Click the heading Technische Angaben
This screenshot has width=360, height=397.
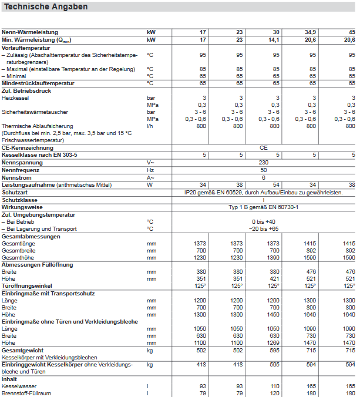pos(46,7)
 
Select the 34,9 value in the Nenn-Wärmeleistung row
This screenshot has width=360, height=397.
pos(309,32)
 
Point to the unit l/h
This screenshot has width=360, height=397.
pos(150,126)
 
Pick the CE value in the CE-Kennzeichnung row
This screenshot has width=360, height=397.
pos(264,148)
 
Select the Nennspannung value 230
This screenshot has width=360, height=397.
pos(264,163)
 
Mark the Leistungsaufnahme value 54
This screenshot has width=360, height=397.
pos(275,184)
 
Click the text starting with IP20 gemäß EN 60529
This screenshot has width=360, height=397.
pos(264,192)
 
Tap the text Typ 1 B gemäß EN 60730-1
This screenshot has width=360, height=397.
pos(264,207)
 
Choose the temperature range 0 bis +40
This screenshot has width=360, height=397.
pos(264,221)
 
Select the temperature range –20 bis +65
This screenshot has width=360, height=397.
pos(264,228)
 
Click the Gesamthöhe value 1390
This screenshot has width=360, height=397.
pos(272,257)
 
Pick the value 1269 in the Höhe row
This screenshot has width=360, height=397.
pos(272,342)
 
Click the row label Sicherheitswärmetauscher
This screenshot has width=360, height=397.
pos(35,112)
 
